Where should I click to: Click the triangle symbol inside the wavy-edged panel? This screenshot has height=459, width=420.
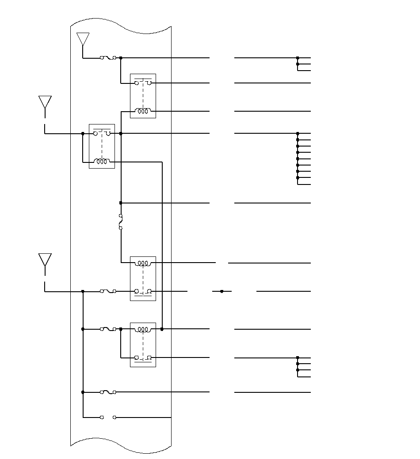pyautogui.click(x=83, y=38)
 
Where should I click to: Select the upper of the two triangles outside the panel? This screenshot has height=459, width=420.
pyautogui.click(x=45, y=102)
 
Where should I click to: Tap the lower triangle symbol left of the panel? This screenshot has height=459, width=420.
pyautogui.click(x=45, y=260)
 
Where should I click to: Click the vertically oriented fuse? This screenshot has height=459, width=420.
pyautogui.click(x=121, y=222)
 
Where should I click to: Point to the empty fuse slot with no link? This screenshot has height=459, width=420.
pyautogui.click(x=108, y=417)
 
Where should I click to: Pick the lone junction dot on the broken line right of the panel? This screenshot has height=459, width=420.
pyautogui.click(x=222, y=291)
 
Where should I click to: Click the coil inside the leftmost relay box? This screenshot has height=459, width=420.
pyautogui.click(x=102, y=162)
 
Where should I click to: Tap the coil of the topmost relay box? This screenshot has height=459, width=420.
pyautogui.click(x=143, y=111)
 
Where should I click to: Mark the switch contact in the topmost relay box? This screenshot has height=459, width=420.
pyautogui.click(x=143, y=83)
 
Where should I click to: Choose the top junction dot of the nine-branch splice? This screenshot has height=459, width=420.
pyautogui.click(x=298, y=133)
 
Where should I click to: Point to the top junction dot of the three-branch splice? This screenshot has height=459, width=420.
pyautogui.click(x=298, y=58)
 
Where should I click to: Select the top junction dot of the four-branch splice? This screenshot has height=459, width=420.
pyautogui.click(x=298, y=358)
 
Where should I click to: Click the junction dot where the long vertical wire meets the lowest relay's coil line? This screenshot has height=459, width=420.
pyautogui.click(x=162, y=329)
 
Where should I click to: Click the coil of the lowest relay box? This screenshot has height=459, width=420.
pyautogui.click(x=143, y=329)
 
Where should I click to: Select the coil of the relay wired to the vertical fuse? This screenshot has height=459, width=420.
pyautogui.click(x=143, y=263)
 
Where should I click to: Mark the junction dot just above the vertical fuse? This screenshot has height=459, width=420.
pyautogui.click(x=121, y=203)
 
